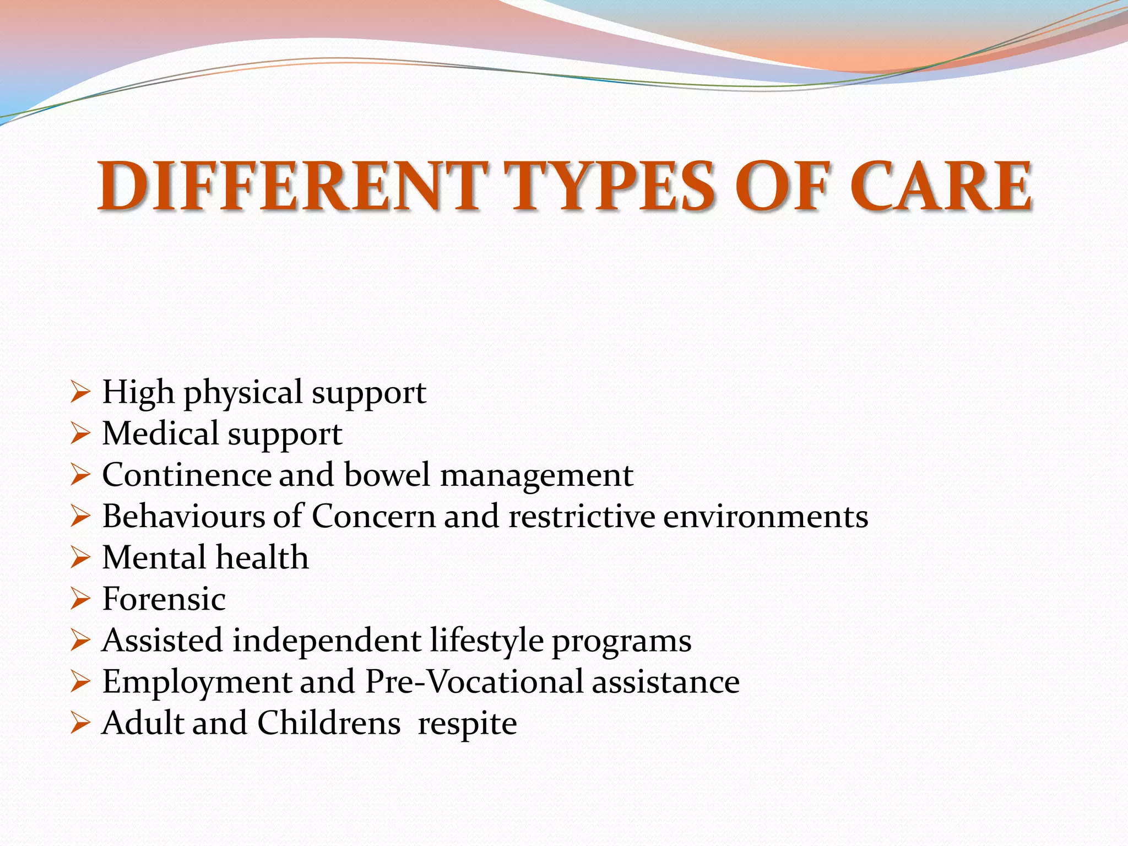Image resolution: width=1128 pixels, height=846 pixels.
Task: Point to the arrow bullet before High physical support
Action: [80, 393]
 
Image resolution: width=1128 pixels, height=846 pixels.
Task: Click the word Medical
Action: [160, 433]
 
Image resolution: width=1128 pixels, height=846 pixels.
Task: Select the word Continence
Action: [187, 475]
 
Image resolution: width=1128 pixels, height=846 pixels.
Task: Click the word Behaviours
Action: [183, 516]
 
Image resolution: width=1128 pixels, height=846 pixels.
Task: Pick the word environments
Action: [766, 516]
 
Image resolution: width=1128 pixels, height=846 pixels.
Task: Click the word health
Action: [262, 557]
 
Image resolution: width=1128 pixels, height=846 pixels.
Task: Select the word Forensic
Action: [164, 599]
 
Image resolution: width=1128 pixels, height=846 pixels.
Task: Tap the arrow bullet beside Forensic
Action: [80, 599]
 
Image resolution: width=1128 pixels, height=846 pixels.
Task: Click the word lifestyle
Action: [487, 641]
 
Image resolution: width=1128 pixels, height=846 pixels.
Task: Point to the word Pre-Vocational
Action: [474, 682]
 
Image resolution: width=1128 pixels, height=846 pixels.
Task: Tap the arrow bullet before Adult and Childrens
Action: [80, 723]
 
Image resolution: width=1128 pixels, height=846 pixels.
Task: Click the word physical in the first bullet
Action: [243, 393]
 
